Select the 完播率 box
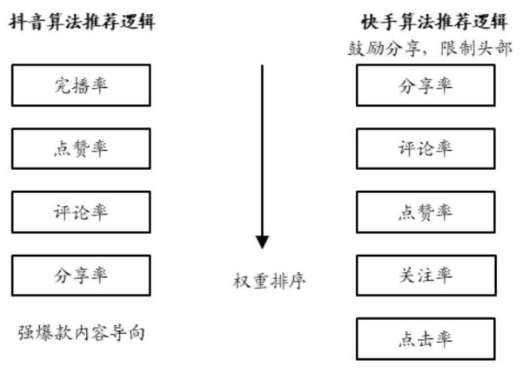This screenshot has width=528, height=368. [81, 84]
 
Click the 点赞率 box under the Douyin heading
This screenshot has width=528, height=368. [81, 149]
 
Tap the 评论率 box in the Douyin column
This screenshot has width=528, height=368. [81, 212]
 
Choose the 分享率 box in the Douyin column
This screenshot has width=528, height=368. [81, 275]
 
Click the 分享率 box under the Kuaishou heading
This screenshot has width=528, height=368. [425, 84]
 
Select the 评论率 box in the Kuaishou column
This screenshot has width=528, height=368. [425, 149]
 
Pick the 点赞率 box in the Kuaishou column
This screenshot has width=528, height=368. [425, 212]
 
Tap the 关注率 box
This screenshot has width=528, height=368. [425, 275]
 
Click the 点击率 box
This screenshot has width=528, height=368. [425, 339]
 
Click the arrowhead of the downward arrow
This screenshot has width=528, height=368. [262, 242]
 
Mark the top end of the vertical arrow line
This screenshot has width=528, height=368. [262, 66]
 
